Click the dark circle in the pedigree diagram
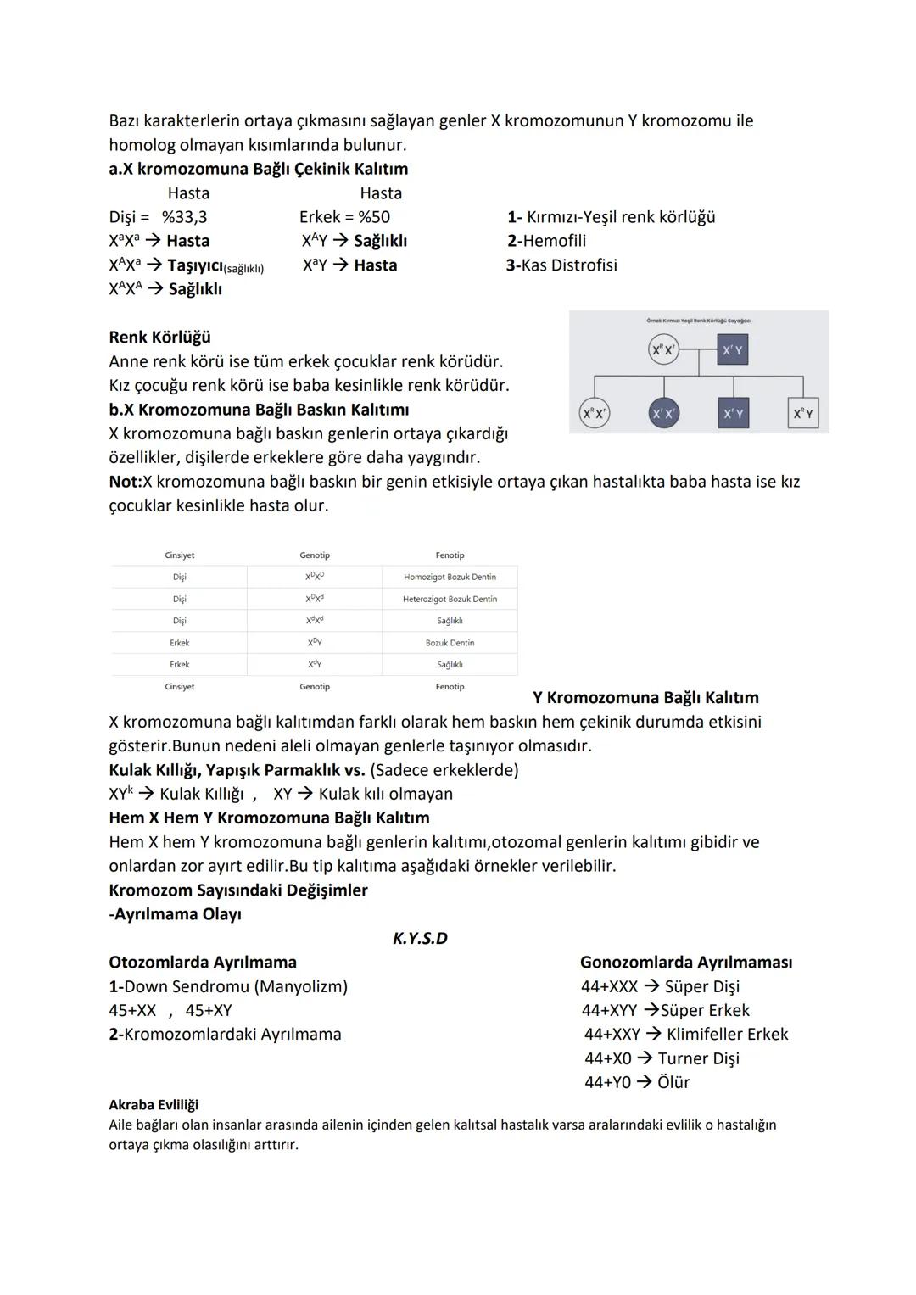pyautogui.click(x=663, y=413)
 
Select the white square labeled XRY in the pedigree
pyautogui.click(x=803, y=413)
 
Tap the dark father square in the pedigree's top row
pyautogui.click(x=733, y=349)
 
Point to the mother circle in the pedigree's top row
pyautogui.click(x=663, y=349)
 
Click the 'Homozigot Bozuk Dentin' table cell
pyautogui.click(x=450, y=577)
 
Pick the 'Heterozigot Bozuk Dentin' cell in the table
pyautogui.click(x=450, y=599)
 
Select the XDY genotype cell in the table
pyautogui.click(x=315, y=643)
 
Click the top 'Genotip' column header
pyautogui.click(x=315, y=555)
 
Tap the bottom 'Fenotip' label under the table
pyautogui.click(x=450, y=687)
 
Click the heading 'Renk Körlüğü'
pyautogui.click(x=159, y=338)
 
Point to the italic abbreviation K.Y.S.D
pyautogui.click(x=420, y=938)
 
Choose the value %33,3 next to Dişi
pyautogui.click(x=184, y=217)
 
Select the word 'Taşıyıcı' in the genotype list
pyautogui.click(x=194, y=265)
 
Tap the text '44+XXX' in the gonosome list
pyautogui.click(x=609, y=986)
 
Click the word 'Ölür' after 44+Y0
pyautogui.click(x=674, y=1082)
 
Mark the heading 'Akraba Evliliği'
pyautogui.click(x=154, y=1105)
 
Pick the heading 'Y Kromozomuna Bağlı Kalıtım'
pyautogui.click(x=645, y=698)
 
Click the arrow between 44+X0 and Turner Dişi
pyautogui.click(x=645, y=1058)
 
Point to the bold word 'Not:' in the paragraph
pyautogui.click(x=126, y=482)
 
